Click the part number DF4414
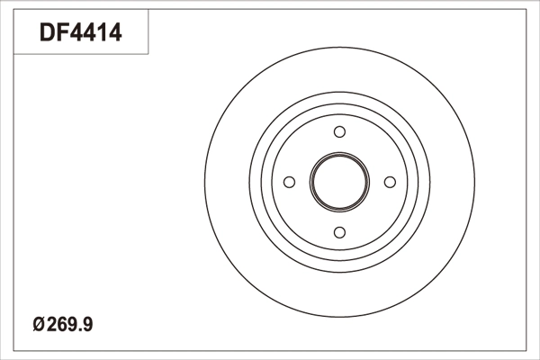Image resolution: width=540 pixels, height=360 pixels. [81, 32]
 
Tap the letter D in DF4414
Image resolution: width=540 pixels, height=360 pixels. [47, 32]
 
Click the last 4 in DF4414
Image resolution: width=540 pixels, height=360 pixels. [114, 32]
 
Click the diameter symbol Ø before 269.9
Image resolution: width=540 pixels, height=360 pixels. [39, 325]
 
